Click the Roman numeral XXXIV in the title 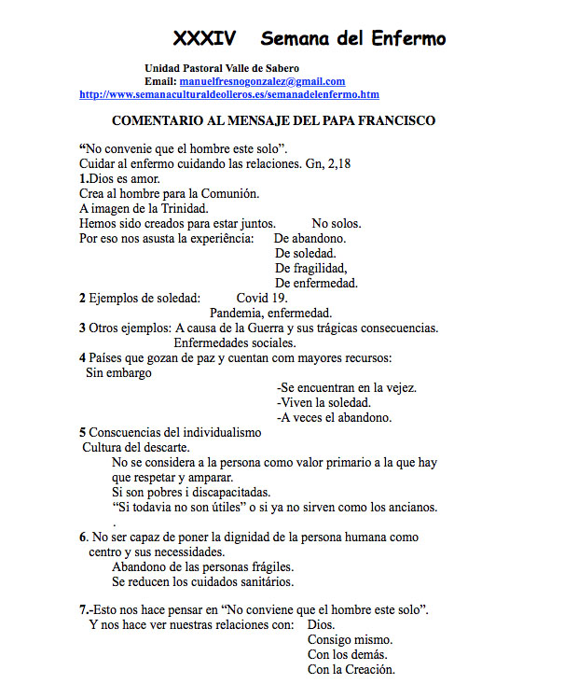coord(204,38)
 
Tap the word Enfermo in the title coord(406,38)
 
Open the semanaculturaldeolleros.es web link coord(229,94)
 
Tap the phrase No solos coord(336,224)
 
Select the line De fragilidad coord(311,268)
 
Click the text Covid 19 coord(262,298)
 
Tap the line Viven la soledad coord(323,402)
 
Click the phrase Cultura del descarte coord(136,447)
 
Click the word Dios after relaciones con coord(321,624)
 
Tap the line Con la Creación coord(351,669)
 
